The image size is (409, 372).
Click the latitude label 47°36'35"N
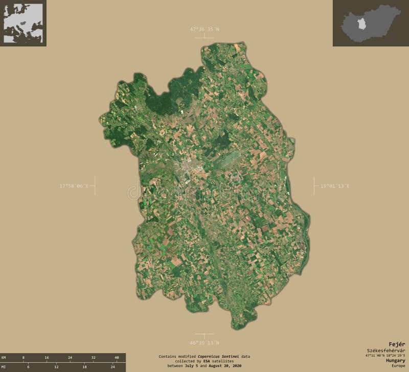(x=204, y=29)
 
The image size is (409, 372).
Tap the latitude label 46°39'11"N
(x=204, y=342)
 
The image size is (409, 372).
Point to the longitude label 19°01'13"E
(x=335, y=186)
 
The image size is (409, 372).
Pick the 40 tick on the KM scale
(x=117, y=358)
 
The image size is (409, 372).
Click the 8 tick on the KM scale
(x=23, y=358)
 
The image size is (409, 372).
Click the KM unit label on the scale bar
(x=4, y=358)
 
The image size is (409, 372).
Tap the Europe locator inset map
(x=23, y=23)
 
